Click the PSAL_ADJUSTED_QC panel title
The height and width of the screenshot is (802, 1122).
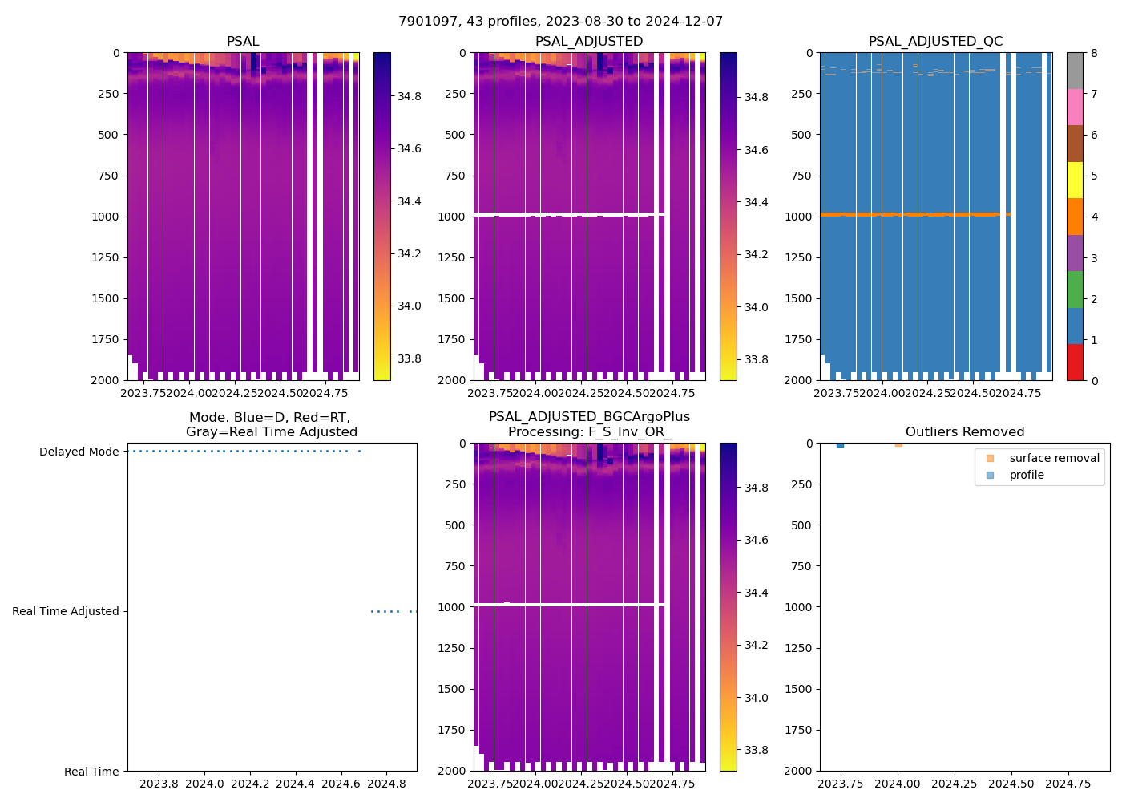[x=935, y=42]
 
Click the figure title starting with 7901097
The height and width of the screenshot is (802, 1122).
[x=560, y=22]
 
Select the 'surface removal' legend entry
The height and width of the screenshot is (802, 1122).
[x=1054, y=458]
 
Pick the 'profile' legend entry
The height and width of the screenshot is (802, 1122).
[x=1027, y=475]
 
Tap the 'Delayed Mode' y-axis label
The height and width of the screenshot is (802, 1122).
[x=79, y=452]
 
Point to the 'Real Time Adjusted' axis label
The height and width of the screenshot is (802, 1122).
[x=65, y=611]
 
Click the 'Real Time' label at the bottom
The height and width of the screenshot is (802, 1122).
[x=91, y=772]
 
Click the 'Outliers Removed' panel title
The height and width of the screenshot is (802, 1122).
[x=964, y=432]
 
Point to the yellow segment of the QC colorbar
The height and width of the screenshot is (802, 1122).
[x=1075, y=180]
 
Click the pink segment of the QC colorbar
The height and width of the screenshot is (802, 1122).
[x=1075, y=107]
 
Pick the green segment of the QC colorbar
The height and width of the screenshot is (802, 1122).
[x=1075, y=290]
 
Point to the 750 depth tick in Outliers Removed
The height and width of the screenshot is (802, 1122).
[x=800, y=566]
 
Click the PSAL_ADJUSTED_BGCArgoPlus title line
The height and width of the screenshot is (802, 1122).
[x=589, y=417]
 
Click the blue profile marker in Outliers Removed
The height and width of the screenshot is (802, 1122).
[x=840, y=444]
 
